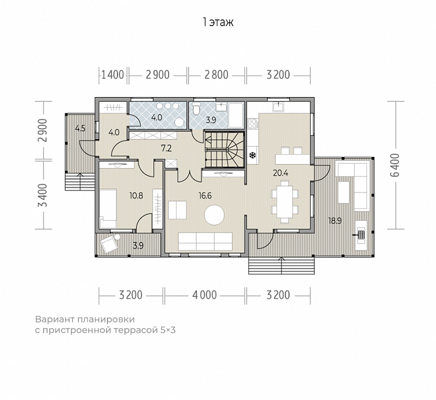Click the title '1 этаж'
click(x=218, y=22)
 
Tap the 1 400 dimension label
click(x=113, y=75)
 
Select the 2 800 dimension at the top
click(x=216, y=75)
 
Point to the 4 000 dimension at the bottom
click(x=205, y=295)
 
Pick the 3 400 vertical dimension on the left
click(x=43, y=195)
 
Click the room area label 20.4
click(x=281, y=173)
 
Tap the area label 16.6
click(x=205, y=196)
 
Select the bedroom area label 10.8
click(x=136, y=196)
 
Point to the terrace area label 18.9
click(x=335, y=221)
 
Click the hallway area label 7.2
click(x=166, y=148)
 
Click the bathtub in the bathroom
click(x=236, y=115)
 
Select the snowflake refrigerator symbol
click(x=253, y=155)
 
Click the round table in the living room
click(x=214, y=215)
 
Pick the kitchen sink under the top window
click(x=278, y=107)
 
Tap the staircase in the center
click(x=224, y=149)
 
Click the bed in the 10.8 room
click(x=108, y=209)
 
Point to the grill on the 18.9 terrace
click(x=361, y=235)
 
